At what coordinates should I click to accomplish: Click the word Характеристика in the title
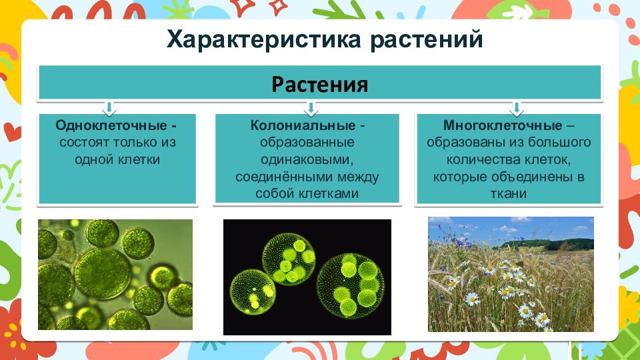tap(264, 40)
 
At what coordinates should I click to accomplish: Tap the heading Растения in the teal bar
tap(320, 85)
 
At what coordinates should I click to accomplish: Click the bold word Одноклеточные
tap(111, 125)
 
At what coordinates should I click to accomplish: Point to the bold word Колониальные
tap(303, 125)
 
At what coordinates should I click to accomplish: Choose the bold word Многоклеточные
tap(503, 125)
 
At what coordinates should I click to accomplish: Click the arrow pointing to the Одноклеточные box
tap(109, 108)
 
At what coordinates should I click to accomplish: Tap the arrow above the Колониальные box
tap(311, 108)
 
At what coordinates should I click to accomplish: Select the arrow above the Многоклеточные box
tap(516, 108)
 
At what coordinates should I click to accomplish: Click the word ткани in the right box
tap(508, 193)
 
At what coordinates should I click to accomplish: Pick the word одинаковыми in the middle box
tap(307, 159)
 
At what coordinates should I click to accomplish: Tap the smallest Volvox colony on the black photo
tap(252, 292)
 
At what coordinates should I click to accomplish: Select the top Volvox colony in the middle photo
tap(289, 261)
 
